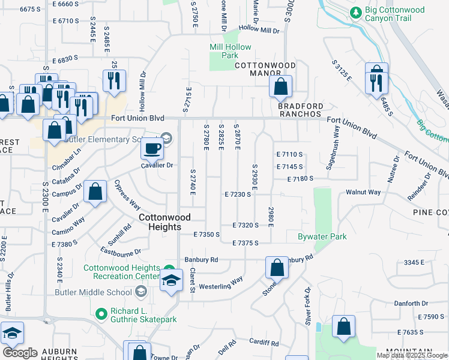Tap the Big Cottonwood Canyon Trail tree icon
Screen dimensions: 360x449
pyautogui.click(x=356, y=12)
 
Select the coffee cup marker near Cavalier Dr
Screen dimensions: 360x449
pyautogui.click(x=151, y=148)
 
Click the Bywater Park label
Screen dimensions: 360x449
pyautogui.click(x=322, y=236)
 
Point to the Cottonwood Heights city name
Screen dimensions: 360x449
pyautogui.click(x=160, y=222)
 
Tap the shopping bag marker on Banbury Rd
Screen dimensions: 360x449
pyautogui.click(x=277, y=268)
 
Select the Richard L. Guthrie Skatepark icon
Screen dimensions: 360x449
pyautogui.click(x=101, y=312)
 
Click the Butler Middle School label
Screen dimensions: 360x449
pyautogui.click(x=93, y=292)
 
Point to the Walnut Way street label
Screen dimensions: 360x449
pyautogui.click(x=363, y=192)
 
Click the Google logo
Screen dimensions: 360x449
pyautogui.click(x=20, y=353)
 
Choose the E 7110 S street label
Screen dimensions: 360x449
pyautogui.click(x=289, y=154)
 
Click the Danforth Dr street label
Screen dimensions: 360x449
pyautogui.click(x=411, y=304)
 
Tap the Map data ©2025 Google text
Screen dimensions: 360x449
pyautogui.click(x=412, y=355)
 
